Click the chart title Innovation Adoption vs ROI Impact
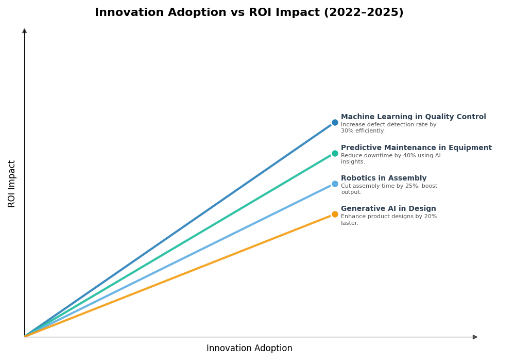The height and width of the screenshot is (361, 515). (x=249, y=13)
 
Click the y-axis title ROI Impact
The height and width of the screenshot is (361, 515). (x=12, y=184)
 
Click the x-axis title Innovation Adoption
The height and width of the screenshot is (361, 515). (x=249, y=349)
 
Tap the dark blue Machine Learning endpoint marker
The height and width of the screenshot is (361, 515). (x=335, y=123)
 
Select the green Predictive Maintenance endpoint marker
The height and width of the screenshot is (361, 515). (x=335, y=153)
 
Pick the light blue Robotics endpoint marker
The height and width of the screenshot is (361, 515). (x=335, y=184)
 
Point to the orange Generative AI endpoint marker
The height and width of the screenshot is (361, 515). (x=335, y=214)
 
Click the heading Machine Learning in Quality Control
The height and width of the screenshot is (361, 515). (x=413, y=117)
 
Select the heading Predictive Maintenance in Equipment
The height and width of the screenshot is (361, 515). (x=416, y=148)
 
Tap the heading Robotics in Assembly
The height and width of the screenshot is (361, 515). (x=384, y=178)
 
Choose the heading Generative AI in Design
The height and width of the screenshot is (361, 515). (x=388, y=209)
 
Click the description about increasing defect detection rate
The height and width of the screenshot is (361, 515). (x=388, y=128)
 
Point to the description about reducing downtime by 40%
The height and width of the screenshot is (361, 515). (x=390, y=159)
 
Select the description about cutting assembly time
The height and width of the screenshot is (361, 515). (x=389, y=189)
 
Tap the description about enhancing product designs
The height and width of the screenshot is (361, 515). (x=388, y=220)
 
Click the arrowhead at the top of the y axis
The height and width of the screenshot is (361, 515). (x=24, y=31)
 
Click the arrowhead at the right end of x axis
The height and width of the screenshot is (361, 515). (x=475, y=337)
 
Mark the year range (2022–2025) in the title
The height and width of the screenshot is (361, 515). (x=363, y=13)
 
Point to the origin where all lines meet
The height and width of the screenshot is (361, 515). (x=25, y=337)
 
